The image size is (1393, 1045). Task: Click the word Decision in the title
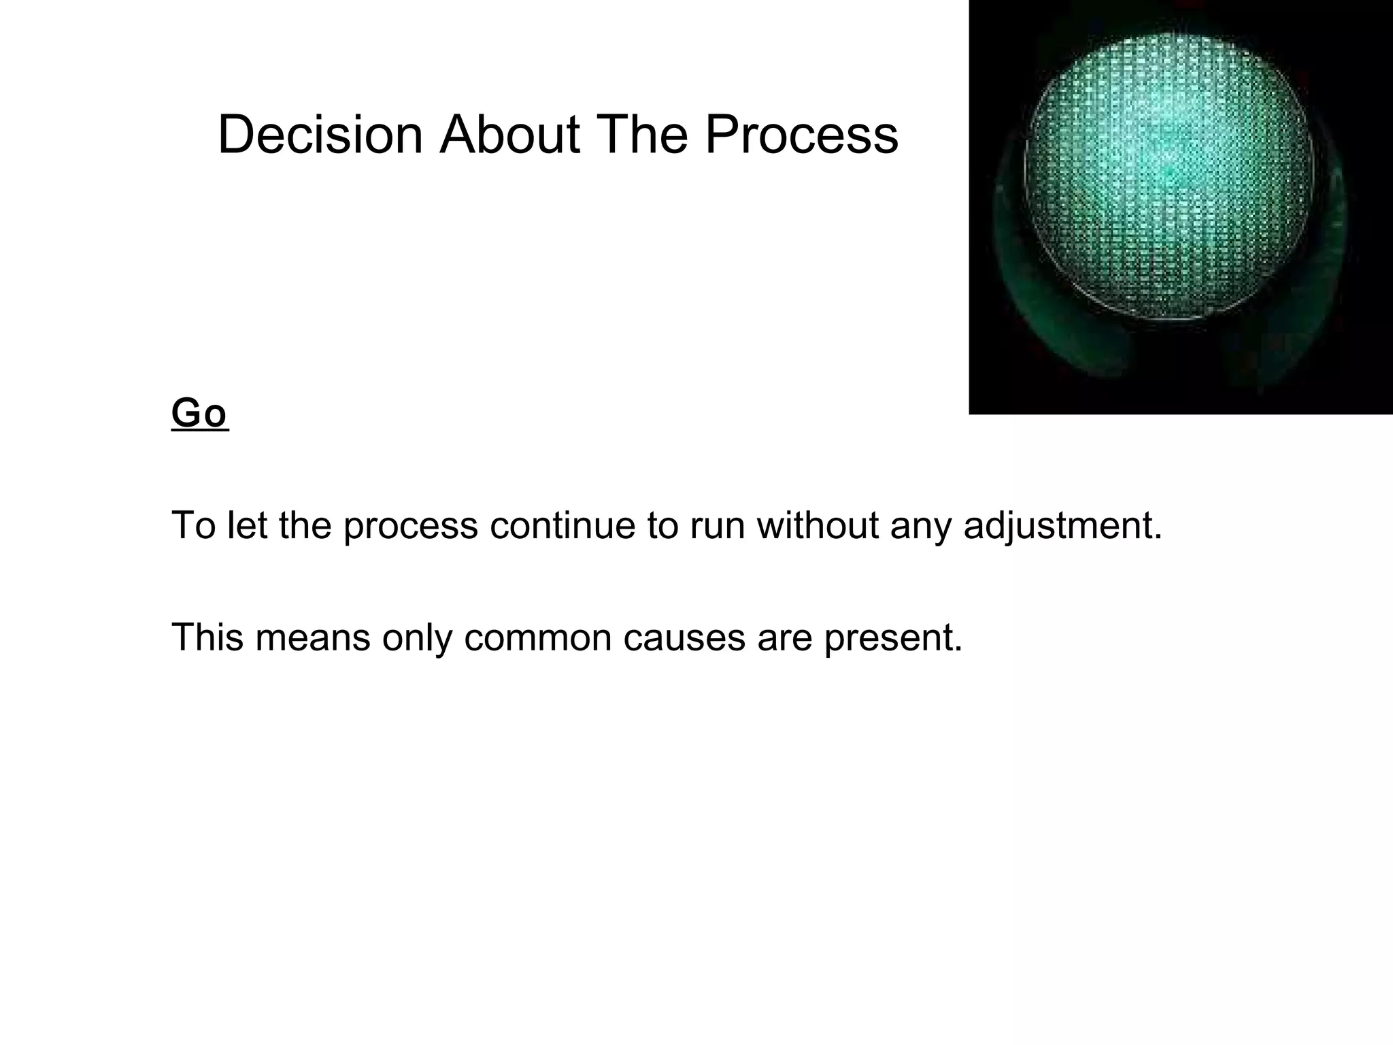[320, 135]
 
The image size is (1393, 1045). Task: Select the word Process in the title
[801, 135]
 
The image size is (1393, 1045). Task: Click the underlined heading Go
[199, 413]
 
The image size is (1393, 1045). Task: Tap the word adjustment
[1062, 527]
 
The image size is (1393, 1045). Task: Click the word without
[817, 525]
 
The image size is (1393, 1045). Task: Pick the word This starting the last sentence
[207, 637]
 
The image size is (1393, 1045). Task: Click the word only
[417, 638]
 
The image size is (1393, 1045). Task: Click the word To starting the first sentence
[193, 525]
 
